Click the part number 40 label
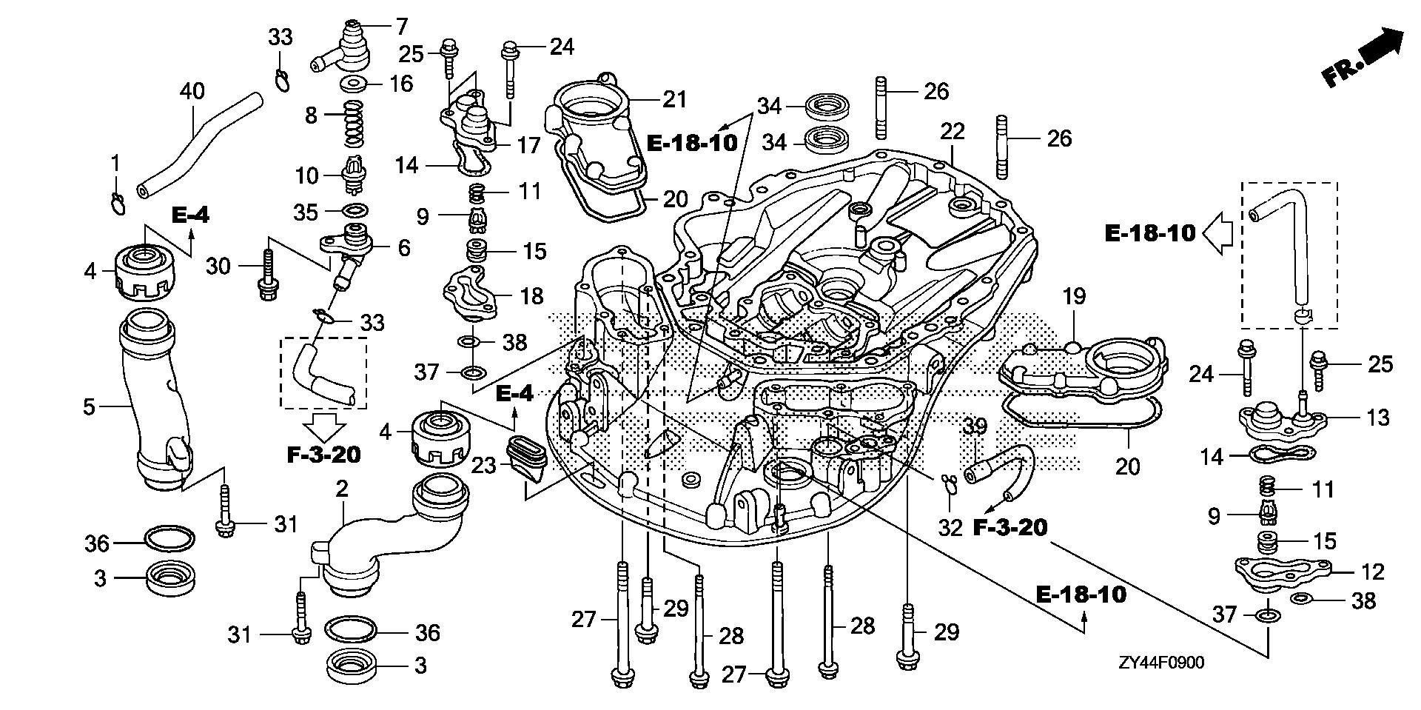pyautogui.click(x=192, y=93)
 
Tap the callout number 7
pyautogui.click(x=402, y=27)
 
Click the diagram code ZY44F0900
pyautogui.click(x=1160, y=663)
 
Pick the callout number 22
pyautogui.click(x=953, y=131)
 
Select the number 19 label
pyautogui.click(x=1074, y=297)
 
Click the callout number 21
pyautogui.click(x=675, y=98)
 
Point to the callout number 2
pyautogui.click(x=341, y=489)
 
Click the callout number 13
pyautogui.click(x=1378, y=418)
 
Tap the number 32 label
pyautogui.click(x=950, y=527)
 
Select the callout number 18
pyautogui.click(x=531, y=295)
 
